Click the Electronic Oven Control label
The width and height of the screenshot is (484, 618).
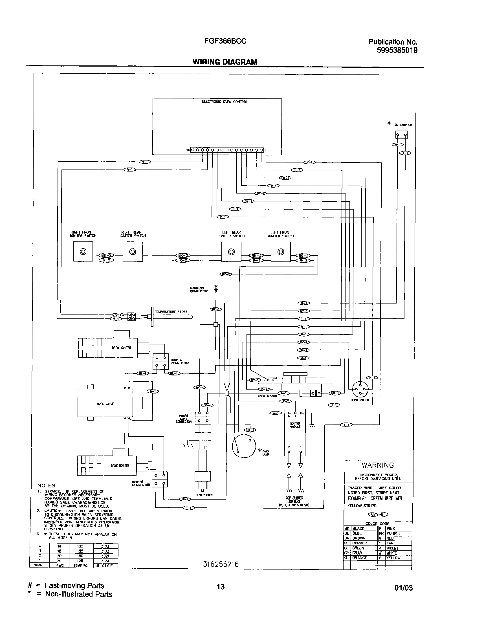(x=225, y=102)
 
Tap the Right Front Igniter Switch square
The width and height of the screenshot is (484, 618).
(x=83, y=252)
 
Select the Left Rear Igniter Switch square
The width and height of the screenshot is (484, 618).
(x=231, y=252)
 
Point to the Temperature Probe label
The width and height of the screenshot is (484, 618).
(x=171, y=312)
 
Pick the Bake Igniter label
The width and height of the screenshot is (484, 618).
(x=120, y=466)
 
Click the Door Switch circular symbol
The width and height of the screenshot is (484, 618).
(x=360, y=390)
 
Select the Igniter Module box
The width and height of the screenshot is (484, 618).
(x=295, y=432)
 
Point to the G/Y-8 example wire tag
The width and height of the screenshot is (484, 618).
(x=378, y=514)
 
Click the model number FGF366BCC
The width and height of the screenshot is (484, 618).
(x=225, y=41)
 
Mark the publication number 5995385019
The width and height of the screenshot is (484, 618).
(x=397, y=50)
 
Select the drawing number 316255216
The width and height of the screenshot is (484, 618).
(x=221, y=564)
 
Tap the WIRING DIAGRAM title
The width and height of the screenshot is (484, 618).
(x=225, y=62)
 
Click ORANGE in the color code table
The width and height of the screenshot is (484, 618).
(x=359, y=558)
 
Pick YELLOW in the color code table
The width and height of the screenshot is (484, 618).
(x=393, y=558)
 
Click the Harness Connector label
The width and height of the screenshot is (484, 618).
(x=199, y=290)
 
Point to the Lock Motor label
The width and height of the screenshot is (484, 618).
(x=267, y=396)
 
